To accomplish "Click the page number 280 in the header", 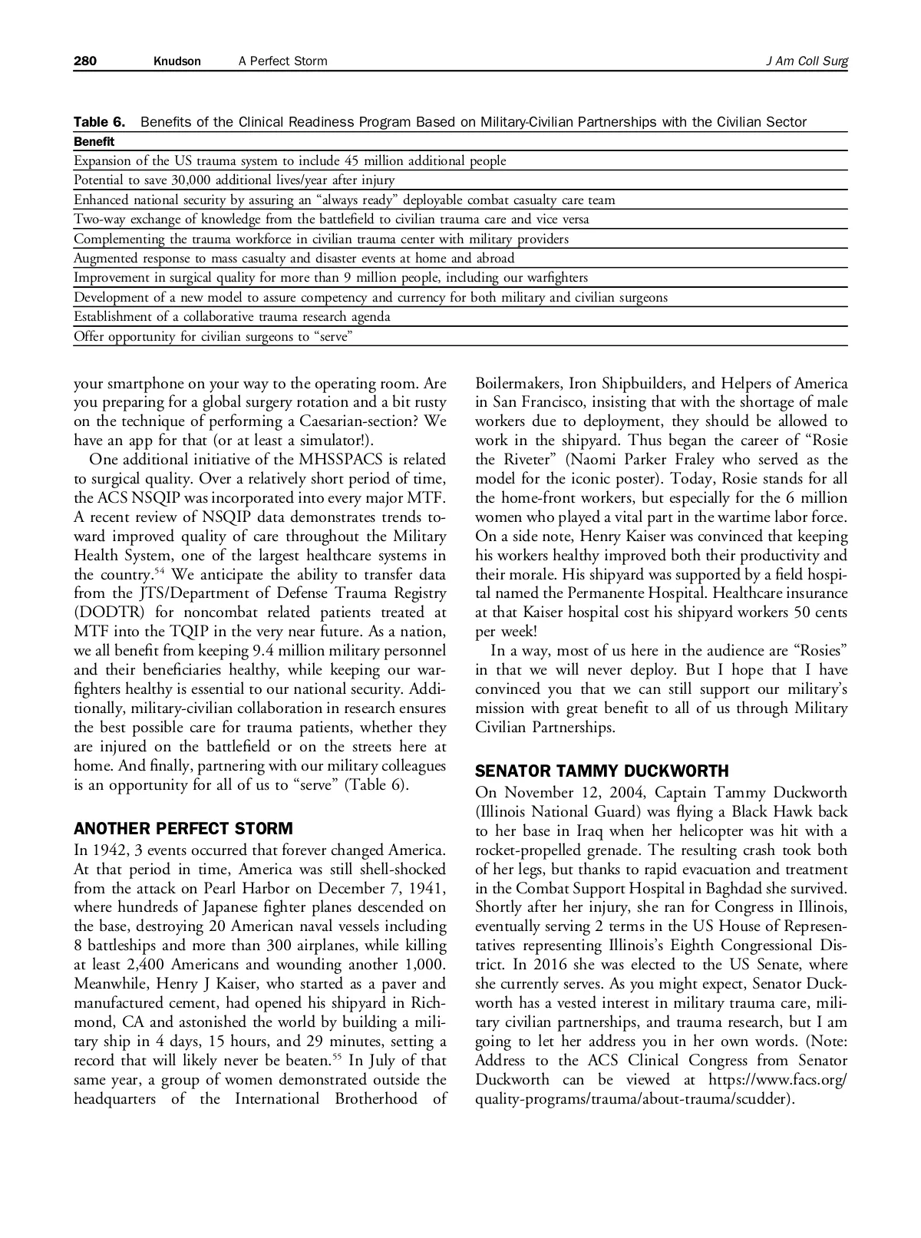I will [x=84, y=61].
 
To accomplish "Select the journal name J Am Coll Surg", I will [x=807, y=61].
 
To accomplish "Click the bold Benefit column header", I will [x=94, y=141].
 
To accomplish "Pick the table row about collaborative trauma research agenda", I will [x=232, y=316].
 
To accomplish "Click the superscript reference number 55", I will [x=338, y=1057].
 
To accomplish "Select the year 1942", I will [x=110, y=850].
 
